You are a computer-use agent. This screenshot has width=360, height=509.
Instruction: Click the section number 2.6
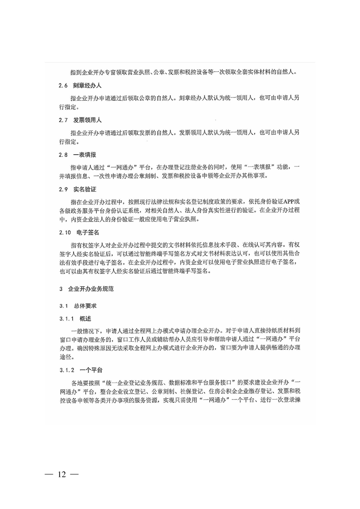(x=63, y=85)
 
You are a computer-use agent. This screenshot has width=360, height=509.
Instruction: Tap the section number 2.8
(x=63, y=155)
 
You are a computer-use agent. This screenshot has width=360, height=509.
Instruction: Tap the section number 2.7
(x=63, y=120)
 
